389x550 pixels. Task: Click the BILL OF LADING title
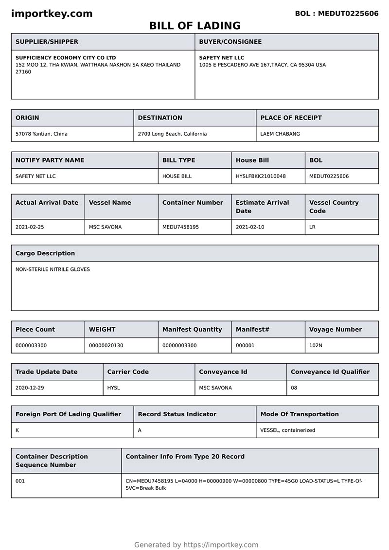click(194, 26)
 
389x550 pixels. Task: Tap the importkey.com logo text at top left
click(52, 14)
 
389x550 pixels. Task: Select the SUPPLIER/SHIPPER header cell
click(47, 42)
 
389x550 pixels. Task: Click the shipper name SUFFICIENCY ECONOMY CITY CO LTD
click(66, 57)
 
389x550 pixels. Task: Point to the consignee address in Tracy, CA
click(262, 65)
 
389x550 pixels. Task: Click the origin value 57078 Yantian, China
click(41, 134)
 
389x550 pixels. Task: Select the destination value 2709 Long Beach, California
click(172, 134)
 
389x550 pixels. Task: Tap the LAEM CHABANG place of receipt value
click(280, 134)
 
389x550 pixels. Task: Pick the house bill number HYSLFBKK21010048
click(261, 176)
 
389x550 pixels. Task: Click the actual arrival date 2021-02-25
click(30, 227)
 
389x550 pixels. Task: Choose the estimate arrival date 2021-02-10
click(250, 227)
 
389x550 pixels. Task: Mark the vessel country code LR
click(312, 227)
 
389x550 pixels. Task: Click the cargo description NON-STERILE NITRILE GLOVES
click(53, 269)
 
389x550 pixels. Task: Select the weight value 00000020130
click(106, 345)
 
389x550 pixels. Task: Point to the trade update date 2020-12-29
click(30, 388)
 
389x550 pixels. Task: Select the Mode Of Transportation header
click(300, 414)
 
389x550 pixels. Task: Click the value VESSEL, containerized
click(287, 430)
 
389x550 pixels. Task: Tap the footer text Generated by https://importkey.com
click(196, 545)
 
